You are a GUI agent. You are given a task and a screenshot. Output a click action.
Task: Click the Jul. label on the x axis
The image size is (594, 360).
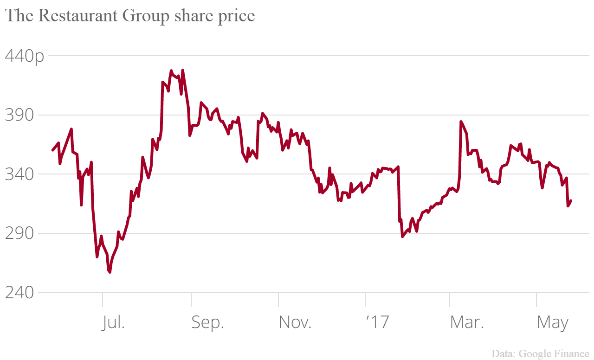tap(113, 322)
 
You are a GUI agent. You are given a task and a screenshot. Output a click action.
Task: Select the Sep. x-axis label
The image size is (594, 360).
tap(207, 322)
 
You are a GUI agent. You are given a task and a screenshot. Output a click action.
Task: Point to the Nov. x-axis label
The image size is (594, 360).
tap(295, 322)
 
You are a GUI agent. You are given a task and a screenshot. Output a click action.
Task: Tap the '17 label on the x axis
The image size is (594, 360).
tap(376, 322)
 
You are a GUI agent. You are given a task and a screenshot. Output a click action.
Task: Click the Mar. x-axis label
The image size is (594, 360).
tap(466, 322)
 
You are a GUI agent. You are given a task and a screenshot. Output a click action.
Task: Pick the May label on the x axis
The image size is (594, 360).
tap(552, 322)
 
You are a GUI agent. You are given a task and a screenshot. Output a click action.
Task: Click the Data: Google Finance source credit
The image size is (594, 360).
tap(540, 354)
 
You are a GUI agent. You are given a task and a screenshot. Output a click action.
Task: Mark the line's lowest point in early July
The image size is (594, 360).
tap(110, 272)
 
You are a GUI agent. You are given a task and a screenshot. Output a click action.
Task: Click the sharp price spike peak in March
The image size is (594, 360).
tap(461, 122)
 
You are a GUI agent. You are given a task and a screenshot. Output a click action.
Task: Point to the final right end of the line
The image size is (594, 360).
tap(571, 200)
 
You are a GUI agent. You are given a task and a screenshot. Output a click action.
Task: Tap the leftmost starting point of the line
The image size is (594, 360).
tap(52, 150)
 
